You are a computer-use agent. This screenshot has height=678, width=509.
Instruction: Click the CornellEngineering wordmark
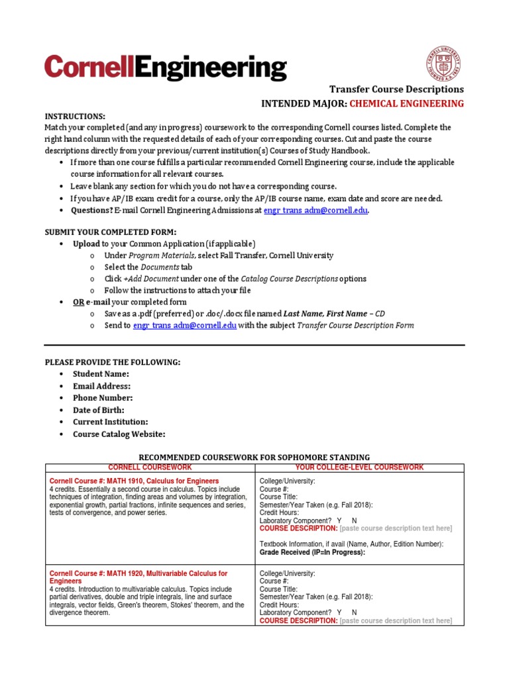point(166,68)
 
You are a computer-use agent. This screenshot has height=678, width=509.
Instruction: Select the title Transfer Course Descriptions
point(396,89)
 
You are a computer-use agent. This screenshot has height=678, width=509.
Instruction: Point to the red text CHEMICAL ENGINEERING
point(406,103)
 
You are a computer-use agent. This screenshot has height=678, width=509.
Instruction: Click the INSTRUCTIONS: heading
point(74,115)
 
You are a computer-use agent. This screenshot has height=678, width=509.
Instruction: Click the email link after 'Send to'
point(184,325)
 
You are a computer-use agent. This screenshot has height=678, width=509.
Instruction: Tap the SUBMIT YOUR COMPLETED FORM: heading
point(110,232)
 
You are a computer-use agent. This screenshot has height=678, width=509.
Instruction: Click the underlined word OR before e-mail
point(78,302)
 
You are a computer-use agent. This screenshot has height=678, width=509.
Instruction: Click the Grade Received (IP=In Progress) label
point(312,552)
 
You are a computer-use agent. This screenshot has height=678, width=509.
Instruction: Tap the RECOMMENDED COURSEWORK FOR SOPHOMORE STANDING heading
point(254,458)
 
